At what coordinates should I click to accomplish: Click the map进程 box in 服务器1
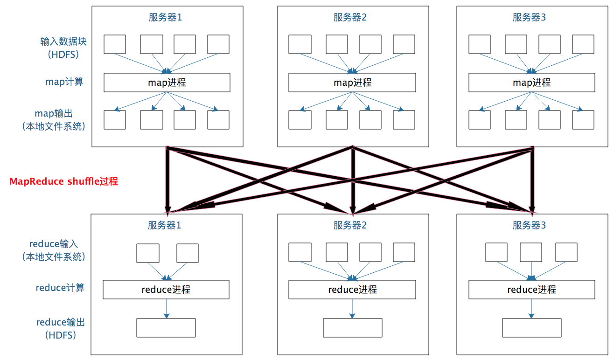coord(167,83)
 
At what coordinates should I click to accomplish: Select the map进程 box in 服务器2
coord(352,83)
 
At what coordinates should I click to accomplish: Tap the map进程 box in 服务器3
coord(531,83)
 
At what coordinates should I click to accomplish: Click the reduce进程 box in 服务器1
coord(166,290)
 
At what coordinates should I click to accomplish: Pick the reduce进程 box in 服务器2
coord(352,290)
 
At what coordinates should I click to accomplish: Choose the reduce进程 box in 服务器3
coord(531,290)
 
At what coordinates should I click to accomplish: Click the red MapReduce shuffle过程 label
coord(64,181)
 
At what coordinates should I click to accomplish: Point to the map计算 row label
coord(64,82)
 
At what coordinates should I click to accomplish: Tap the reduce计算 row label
coord(60,288)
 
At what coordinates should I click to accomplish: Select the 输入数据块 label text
coord(63,42)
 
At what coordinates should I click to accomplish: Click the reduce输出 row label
coord(61,322)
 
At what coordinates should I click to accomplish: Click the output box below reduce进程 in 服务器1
coord(166,328)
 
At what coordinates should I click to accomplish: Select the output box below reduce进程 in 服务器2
coord(352,328)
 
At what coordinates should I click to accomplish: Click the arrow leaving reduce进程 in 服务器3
coord(531,308)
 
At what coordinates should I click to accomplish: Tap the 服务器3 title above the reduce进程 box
coord(529,226)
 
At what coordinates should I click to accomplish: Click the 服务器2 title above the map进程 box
coord(350,18)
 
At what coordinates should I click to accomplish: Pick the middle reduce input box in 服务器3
coord(531,252)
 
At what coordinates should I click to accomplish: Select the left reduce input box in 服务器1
coord(147,253)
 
